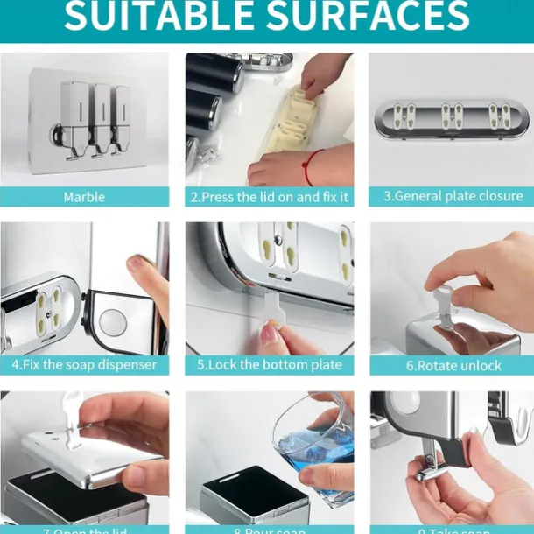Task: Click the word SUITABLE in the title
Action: (156, 17)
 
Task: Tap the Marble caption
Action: (84, 197)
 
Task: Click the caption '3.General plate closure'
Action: (453, 197)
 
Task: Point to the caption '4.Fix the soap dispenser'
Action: (84, 364)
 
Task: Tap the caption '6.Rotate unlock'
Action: (453, 364)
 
